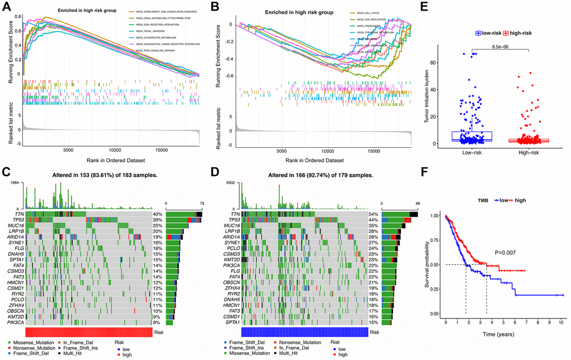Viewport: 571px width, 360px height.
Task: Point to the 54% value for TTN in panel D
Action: [x=373, y=214]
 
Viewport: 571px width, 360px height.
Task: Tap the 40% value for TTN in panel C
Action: [x=158, y=214]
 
